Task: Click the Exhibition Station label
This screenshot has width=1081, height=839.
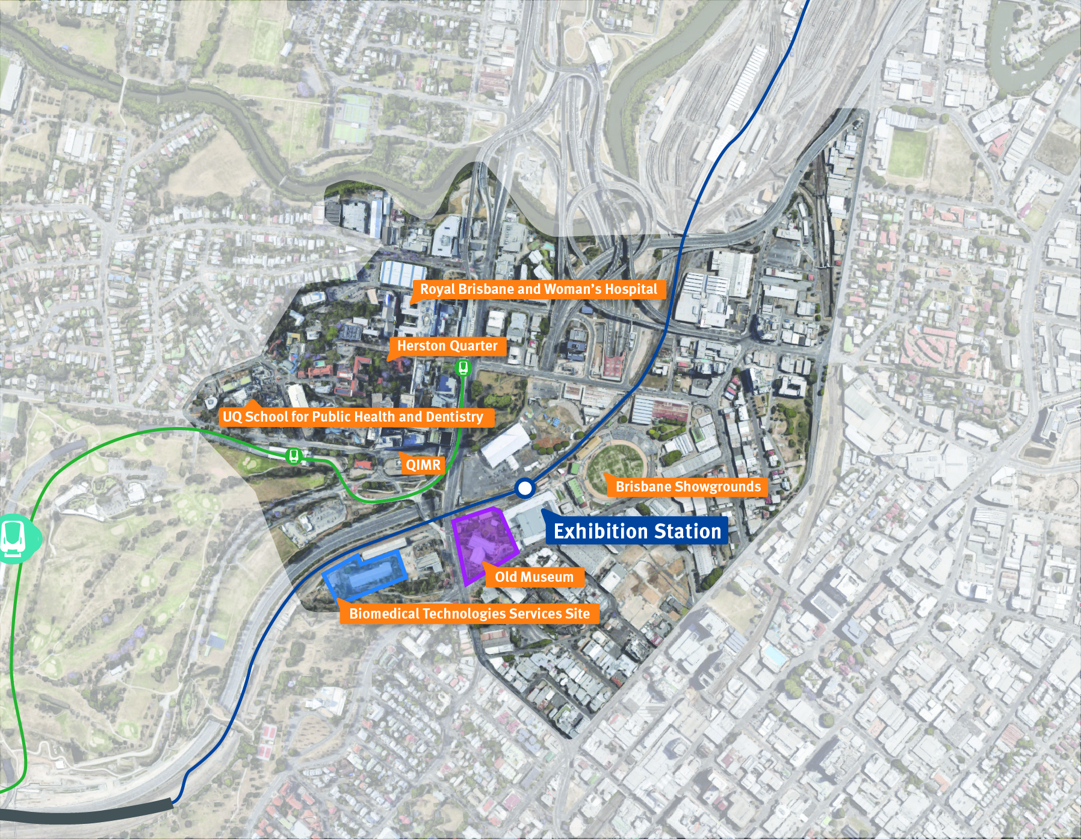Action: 637,531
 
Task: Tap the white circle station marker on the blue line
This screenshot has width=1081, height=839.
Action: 525,488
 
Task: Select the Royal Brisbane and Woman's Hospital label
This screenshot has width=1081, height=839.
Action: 539,289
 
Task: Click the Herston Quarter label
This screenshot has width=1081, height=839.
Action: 447,346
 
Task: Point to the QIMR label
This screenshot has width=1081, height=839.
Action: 423,464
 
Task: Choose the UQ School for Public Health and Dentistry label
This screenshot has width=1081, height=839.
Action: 353,417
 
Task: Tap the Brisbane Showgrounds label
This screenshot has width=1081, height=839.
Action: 688,487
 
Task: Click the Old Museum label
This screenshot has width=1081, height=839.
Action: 534,577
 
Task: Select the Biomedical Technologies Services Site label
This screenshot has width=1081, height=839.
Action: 469,614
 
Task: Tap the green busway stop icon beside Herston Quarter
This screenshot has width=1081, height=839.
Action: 463,367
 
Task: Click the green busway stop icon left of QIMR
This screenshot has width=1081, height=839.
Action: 294,456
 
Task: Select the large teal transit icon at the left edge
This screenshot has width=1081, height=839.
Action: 13,538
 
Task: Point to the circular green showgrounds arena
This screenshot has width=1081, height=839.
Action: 617,467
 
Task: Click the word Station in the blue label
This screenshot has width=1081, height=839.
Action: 687,531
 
